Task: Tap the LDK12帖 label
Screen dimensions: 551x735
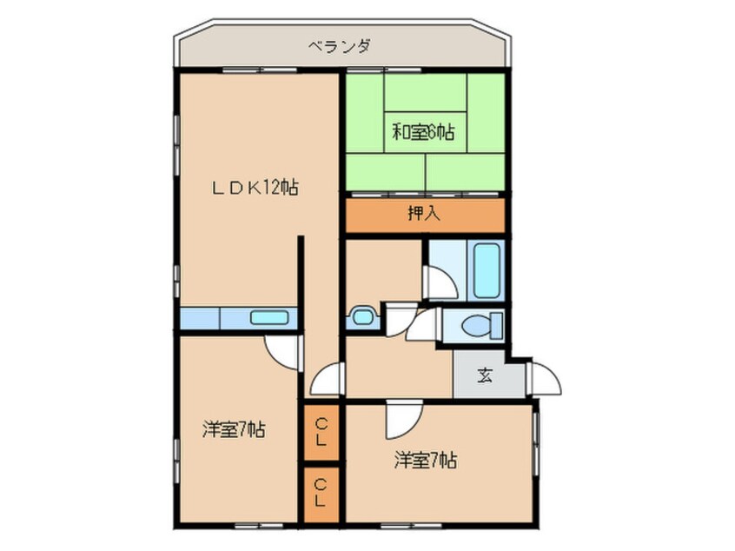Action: [x=258, y=187]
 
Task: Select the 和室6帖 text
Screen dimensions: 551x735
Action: [x=422, y=133]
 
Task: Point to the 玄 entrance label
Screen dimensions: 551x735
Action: [x=486, y=376]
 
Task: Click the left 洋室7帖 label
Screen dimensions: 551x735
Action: [x=234, y=428]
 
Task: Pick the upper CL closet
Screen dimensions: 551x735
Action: [x=321, y=431]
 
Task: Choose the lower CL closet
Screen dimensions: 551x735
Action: [x=321, y=495]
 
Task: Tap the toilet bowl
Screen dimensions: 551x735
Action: [x=478, y=326]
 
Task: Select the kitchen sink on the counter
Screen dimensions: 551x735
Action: [x=268, y=317]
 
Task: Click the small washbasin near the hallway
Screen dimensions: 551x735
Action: [x=361, y=317]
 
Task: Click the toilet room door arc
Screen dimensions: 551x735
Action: [x=423, y=325]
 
